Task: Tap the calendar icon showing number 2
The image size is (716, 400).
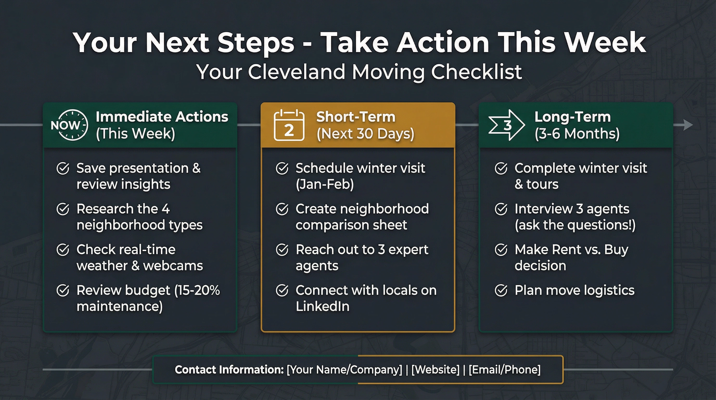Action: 289,126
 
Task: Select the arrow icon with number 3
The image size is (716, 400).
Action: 506,125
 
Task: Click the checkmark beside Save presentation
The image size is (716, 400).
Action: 63,168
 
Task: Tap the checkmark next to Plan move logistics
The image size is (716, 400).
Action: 501,290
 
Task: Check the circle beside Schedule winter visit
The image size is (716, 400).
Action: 282,168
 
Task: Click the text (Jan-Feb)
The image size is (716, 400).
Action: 325,184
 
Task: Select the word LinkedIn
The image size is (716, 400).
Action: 322,306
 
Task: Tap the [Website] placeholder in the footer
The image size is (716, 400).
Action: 435,370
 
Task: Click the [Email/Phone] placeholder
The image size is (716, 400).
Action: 504,370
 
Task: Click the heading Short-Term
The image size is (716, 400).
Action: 355,117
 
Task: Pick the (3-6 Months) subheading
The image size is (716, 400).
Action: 577,134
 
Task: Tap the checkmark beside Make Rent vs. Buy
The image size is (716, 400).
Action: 501,250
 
